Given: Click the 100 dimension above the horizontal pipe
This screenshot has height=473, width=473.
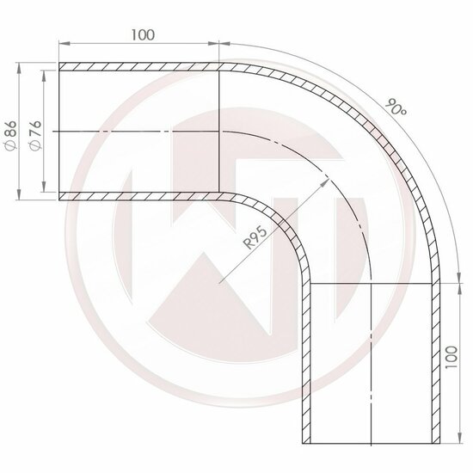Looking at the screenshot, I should coord(143,35).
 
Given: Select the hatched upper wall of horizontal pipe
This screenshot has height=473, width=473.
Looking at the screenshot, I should coord(138,66).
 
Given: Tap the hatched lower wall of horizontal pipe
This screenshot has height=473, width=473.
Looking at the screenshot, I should coord(138,196).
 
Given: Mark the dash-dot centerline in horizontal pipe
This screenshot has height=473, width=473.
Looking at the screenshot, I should coord(138,132).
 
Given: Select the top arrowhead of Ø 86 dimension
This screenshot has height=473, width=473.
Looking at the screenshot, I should coord(19,65).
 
